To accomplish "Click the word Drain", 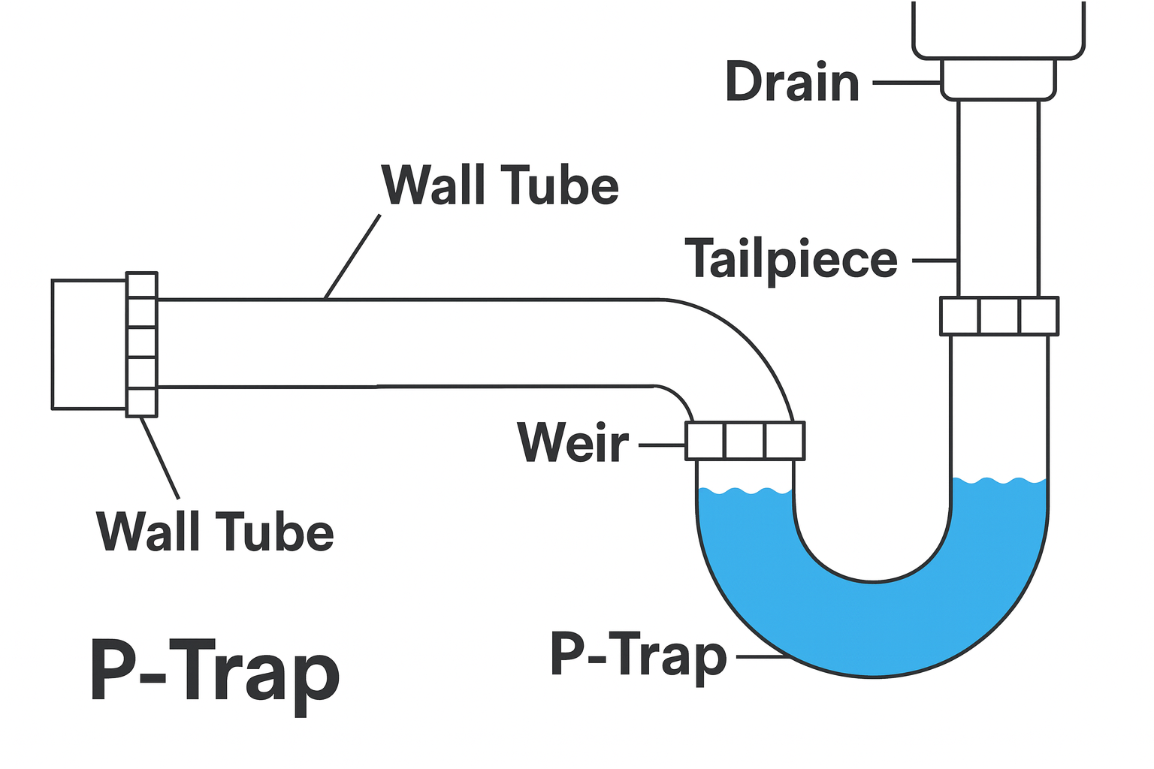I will pyautogui.click(x=792, y=82).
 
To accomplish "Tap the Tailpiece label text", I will pyautogui.click(x=791, y=260).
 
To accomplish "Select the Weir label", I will pyautogui.click(x=572, y=442).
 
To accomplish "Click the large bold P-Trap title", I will pyautogui.click(x=215, y=671).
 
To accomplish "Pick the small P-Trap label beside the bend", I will pyautogui.click(x=639, y=654).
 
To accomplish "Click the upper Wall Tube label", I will pyautogui.click(x=500, y=185).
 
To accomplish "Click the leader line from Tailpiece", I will pyautogui.click(x=934, y=261).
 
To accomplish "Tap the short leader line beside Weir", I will pyautogui.click(x=662, y=445).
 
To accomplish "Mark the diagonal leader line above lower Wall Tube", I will pyautogui.click(x=160, y=457).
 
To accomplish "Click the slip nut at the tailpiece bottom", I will pyautogui.click(x=999, y=316).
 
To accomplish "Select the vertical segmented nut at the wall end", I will pyautogui.click(x=142, y=344).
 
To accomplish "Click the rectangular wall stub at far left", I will pyautogui.click(x=89, y=345).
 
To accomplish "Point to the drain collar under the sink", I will pyautogui.click(x=998, y=79).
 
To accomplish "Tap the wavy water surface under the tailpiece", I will pyautogui.click(x=999, y=480).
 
